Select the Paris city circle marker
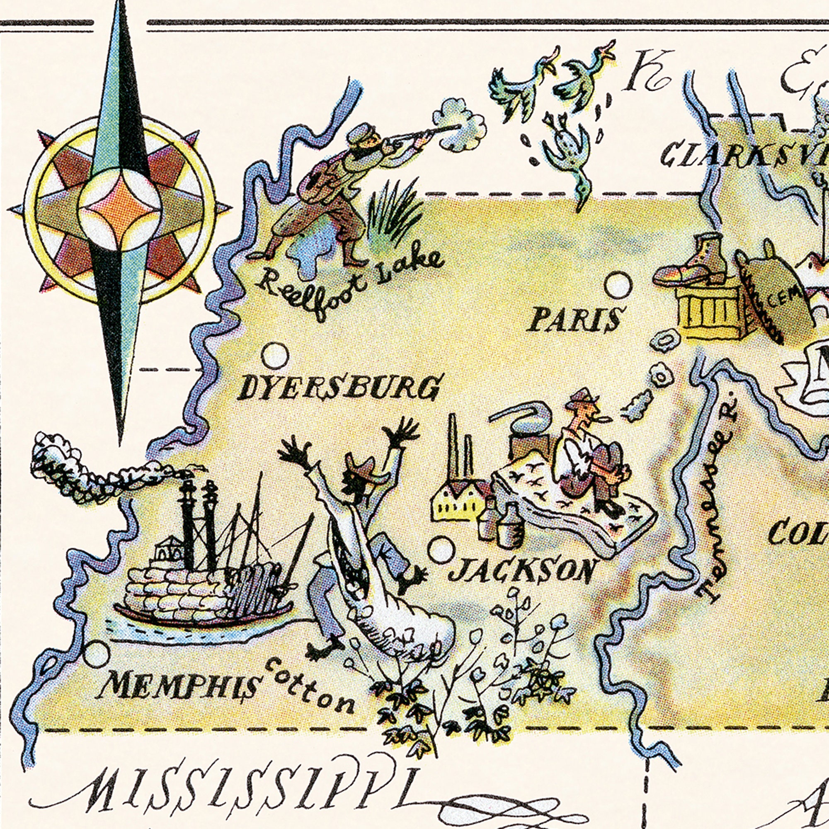pyautogui.click(x=618, y=285)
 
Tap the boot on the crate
pyautogui.click(x=691, y=264)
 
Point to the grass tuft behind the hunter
pyautogui.click(x=393, y=215)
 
